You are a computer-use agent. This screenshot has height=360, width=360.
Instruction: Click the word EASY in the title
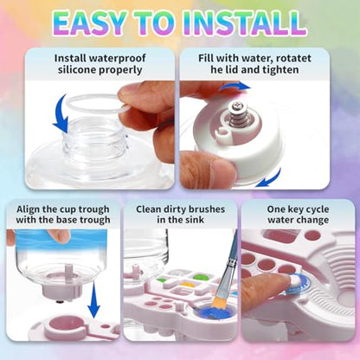click(x=89, y=23)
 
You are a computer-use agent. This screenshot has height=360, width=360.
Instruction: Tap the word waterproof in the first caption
click(x=117, y=58)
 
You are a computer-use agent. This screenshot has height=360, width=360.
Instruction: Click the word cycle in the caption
click(x=317, y=209)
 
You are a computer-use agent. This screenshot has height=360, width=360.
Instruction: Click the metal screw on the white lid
click(x=237, y=114)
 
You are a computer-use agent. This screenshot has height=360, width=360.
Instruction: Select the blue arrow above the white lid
click(x=235, y=87)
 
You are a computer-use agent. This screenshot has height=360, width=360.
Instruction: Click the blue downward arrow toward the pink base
click(x=93, y=300)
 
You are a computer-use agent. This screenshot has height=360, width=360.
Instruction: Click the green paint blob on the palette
click(x=200, y=278)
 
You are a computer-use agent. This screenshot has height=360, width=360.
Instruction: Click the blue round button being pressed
click(x=299, y=284)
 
